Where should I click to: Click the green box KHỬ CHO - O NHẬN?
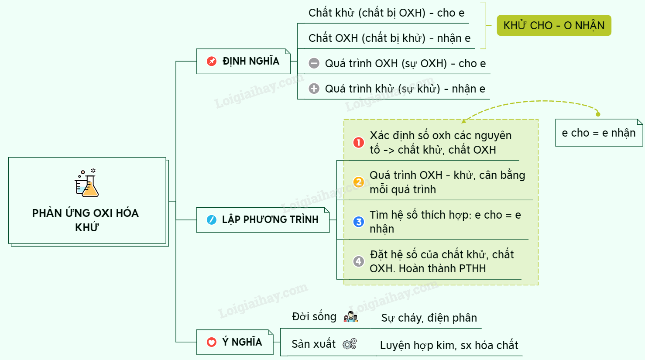pyautogui.click(x=554, y=26)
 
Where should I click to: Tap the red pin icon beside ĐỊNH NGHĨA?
pyautogui.click(x=212, y=61)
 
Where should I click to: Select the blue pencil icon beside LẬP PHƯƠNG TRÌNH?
pyautogui.click(x=212, y=219)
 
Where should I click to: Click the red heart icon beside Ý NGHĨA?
pyautogui.click(x=212, y=342)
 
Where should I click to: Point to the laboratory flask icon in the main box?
pyautogui.click(x=87, y=183)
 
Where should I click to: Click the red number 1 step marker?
pyautogui.click(x=359, y=142)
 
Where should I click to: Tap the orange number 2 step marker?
pyautogui.click(x=359, y=182)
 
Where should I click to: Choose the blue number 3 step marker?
pyautogui.click(x=359, y=222)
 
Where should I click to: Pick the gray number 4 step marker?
pyautogui.click(x=359, y=261)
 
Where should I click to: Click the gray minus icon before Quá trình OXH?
pyautogui.click(x=314, y=63)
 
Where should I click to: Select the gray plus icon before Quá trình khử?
pyautogui.click(x=314, y=89)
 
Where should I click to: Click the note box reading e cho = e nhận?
pyautogui.click(x=598, y=133)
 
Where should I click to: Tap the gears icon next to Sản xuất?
pyautogui.click(x=350, y=344)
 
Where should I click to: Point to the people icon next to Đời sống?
pyautogui.click(x=350, y=317)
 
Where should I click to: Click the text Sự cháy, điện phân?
pyautogui.click(x=429, y=318)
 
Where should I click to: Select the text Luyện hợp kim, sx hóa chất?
pyautogui.click(x=449, y=345)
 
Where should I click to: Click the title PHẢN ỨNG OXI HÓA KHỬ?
pyautogui.click(x=86, y=219)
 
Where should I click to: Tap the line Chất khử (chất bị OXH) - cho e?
pyautogui.click(x=386, y=13)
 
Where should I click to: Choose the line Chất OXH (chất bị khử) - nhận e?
pyautogui.click(x=389, y=38)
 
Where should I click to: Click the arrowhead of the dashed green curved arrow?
pyautogui.click(x=464, y=121)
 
